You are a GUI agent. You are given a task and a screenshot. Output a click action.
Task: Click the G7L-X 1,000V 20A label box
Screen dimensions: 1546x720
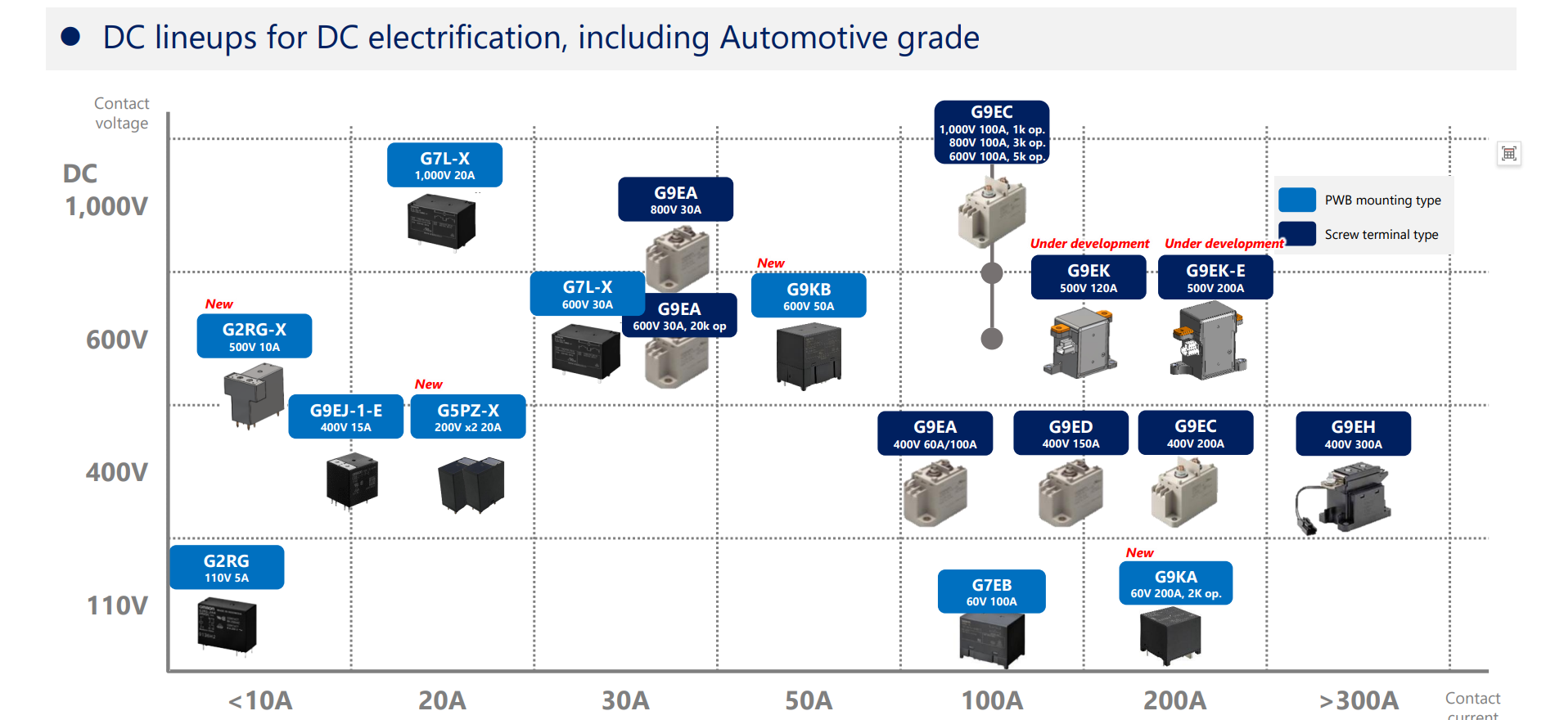pos(444,165)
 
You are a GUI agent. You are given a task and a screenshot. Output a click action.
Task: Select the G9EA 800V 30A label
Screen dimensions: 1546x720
pos(675,200)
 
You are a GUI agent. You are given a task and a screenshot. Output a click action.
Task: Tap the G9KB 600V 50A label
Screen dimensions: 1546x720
pos(809,295)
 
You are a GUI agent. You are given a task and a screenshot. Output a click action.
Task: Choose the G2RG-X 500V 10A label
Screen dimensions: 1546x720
pos(255,336)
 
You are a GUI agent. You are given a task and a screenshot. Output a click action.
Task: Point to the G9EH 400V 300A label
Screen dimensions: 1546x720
pos(1353,434)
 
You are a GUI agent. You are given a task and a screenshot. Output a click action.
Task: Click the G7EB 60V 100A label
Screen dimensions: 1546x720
pos(992,592)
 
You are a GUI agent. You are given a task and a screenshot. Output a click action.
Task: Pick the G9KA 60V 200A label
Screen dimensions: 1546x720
pos(1176,583)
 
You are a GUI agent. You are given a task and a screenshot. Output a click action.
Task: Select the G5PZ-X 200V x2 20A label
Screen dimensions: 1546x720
pos(468,417)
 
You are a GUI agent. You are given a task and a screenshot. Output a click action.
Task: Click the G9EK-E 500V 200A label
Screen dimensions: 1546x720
pos(1215,277)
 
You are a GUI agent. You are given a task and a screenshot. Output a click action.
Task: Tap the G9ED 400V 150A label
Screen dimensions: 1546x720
pos(1070,433)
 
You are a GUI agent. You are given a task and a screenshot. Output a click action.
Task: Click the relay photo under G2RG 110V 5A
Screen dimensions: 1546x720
pos(227,626)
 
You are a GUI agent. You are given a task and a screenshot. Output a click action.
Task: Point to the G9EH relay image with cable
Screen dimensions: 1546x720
pos(1343,498)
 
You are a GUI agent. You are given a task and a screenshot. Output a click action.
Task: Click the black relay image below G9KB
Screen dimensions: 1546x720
pos(809,355)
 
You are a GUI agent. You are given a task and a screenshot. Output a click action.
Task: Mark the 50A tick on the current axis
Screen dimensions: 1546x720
pos(809,700)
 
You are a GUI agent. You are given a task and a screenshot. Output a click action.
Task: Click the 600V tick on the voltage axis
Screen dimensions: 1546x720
pos(117,340)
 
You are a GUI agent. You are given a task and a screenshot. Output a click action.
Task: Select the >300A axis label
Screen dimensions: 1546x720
pos(1359,700)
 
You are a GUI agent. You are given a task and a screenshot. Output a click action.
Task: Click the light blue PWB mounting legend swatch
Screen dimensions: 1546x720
pos(1297,200)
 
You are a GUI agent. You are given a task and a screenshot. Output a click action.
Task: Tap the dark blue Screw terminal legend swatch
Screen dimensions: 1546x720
pos(1297,234)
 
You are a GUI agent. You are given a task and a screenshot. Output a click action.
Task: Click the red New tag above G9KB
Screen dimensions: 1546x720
pos(771,263)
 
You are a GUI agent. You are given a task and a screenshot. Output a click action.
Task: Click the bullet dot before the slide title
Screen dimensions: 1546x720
pos(70,36)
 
